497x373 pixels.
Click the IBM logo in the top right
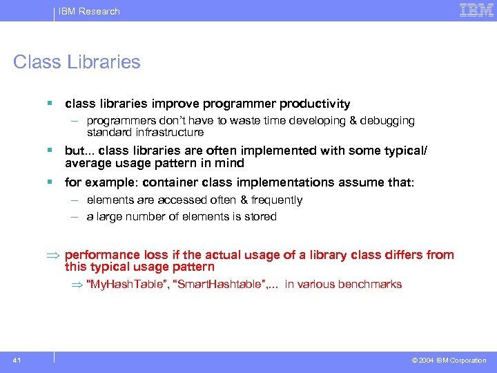point(476,10)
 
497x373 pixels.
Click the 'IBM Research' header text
point(89,11)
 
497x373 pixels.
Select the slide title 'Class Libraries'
point(77,62)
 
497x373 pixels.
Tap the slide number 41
point(16,360)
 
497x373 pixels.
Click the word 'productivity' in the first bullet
point(315,104)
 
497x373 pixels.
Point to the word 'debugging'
point(391,121)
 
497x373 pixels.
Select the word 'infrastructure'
point(170,132)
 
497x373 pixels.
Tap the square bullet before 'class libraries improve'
point(50,104)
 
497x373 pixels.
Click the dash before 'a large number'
point(73,217)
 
